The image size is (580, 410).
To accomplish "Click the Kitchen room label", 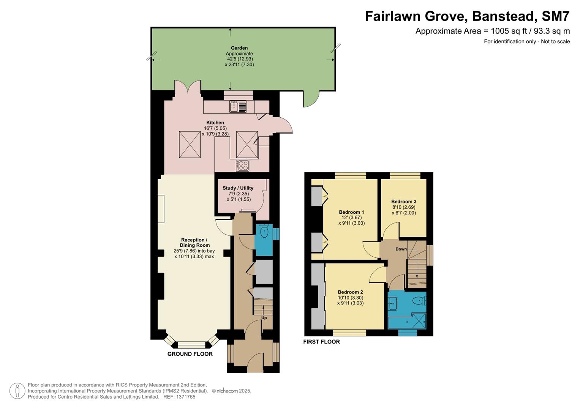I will coord(215,123).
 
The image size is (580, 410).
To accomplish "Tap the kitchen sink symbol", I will coord(238,107).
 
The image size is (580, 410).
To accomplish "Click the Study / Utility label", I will coord(238,188).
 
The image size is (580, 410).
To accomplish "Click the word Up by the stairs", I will coord(264,318).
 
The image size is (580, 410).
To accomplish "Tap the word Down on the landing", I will coord(401,249).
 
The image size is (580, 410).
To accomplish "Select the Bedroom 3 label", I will coord(404,202).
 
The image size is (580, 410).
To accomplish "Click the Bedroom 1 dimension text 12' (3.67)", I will coord(351,218).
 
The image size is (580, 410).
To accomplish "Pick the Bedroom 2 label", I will coord(350,292).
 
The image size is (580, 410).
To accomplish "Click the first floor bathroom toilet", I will coord(419,301).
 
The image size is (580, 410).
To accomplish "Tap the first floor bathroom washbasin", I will coord(393,303).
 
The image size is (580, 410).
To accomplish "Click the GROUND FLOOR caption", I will coord(190,354).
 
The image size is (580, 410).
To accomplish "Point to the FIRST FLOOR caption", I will coord(321,342).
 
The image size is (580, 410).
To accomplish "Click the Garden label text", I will coord(239,48).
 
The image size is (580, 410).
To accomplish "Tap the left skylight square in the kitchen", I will coord(190,144).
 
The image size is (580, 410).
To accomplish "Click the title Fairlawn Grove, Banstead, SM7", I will coord(467,16).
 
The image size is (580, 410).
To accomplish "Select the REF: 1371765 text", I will coord(179,397).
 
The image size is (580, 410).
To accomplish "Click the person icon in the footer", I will coord(17,391).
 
